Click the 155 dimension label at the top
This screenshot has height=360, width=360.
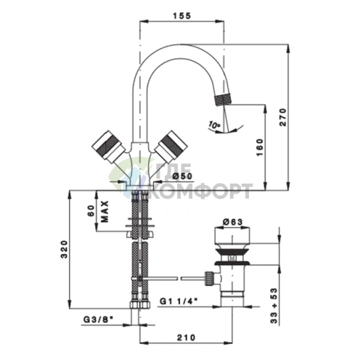point(182,16)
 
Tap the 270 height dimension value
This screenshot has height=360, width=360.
point(282,117)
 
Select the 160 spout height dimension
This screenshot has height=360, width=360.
point(259,147)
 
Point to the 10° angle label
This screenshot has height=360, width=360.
point(214,125)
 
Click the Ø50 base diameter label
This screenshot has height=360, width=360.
point(183,176)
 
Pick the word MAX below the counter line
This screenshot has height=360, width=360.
point(105,211)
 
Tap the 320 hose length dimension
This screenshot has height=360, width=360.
point(64,249)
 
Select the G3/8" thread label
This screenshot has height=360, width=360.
point(98,319)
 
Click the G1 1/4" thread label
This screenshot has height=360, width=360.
point(179,301)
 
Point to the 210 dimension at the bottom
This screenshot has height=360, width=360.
point(186,337)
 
